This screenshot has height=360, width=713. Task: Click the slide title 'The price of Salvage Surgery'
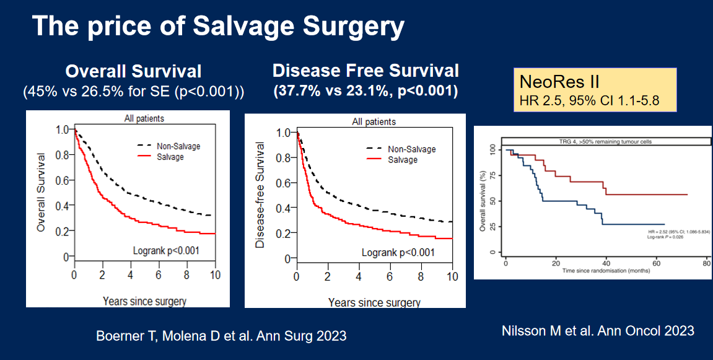(x=218, y=27)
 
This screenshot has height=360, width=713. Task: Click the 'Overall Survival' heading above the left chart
(x=133, y=71)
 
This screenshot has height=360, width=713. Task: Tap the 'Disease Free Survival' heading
(x=365, y=70)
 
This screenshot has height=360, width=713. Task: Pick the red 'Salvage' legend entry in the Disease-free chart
(x=401, y=160)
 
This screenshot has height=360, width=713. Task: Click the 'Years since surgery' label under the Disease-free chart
(x=374, y=303)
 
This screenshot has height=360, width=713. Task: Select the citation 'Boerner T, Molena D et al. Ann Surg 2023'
(x=221, y=336)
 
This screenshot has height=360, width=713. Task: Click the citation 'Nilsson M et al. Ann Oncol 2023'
(x=598, y=331)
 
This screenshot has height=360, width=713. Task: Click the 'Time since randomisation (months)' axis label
(x=602, y=271)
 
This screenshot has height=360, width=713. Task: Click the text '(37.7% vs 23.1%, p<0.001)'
(x=365, y=92)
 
